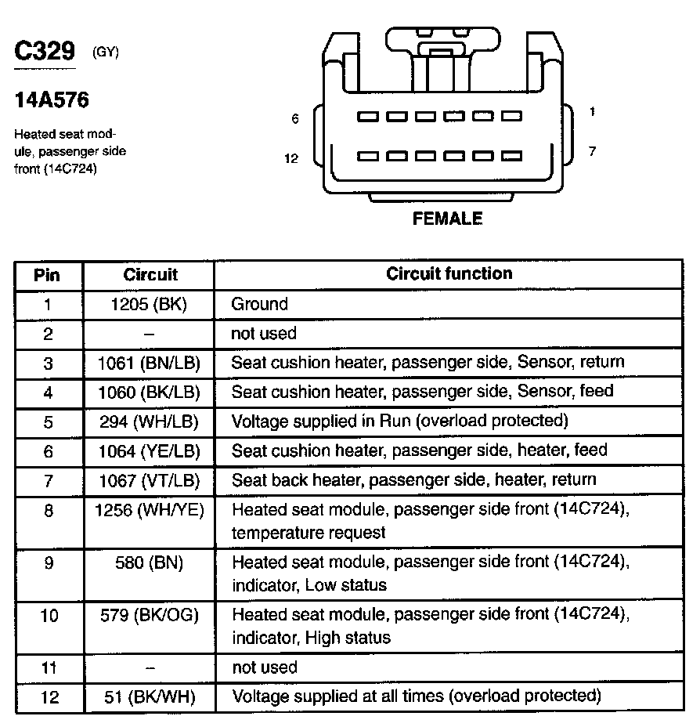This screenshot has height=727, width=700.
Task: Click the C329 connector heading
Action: pyautogui.click(x=45, y=52)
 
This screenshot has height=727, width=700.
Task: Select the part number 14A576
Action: pyautogui.click(x=52, y=100)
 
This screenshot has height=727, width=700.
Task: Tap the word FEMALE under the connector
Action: pyautogui.click(x=447, y=219)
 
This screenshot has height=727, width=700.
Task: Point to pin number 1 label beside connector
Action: pyautogui.click(x=592, y=112)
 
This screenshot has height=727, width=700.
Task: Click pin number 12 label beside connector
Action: pyautogui.click(x=291, y=158)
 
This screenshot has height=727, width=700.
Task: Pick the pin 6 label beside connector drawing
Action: pyautogui.click(x=294, y=119)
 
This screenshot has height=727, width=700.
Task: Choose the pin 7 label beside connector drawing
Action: pyautogui.click(x=592, y=151)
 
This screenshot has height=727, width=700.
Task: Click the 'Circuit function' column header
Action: pyautogui.click(x=449, y=273)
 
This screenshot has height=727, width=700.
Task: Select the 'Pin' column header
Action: pyautogui.click(x=48, y=275)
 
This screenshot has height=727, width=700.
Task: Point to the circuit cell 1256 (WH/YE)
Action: pyautogui.click(x=149, y=510)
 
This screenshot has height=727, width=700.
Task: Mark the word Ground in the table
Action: pyautogui.click(x=259, y=304)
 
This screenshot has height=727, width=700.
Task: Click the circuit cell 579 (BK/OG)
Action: pyautogui.click(x=149, y=616)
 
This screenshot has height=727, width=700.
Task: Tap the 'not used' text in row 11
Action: pyautogui.click(x=264, y=667)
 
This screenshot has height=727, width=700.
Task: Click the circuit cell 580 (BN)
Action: pyautogui.click(x=148, y=562)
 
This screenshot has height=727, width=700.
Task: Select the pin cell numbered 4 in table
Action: pyautogui.click(x=49, y=392)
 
